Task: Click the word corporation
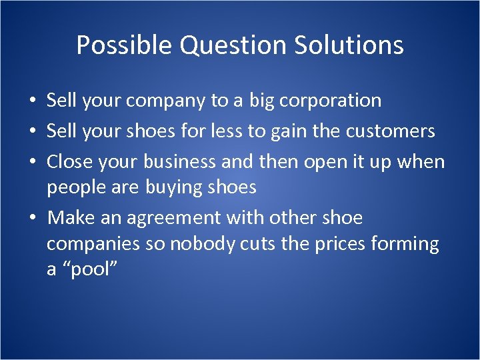tap(331, 101)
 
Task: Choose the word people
tap(72, 188)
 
